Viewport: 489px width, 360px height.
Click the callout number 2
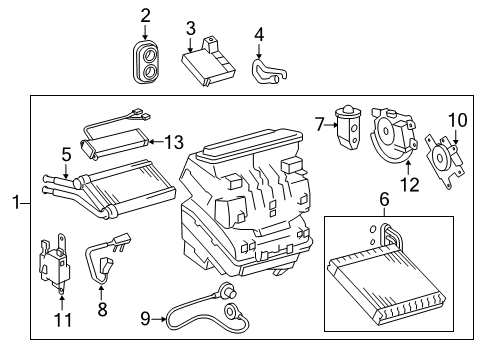click(146, 15)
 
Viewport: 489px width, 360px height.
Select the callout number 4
click(258, 35)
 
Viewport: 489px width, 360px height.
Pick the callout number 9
click(146, 319)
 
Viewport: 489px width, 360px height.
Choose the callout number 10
click(457, 120)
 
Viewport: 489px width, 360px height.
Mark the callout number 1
click(15, 205)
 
